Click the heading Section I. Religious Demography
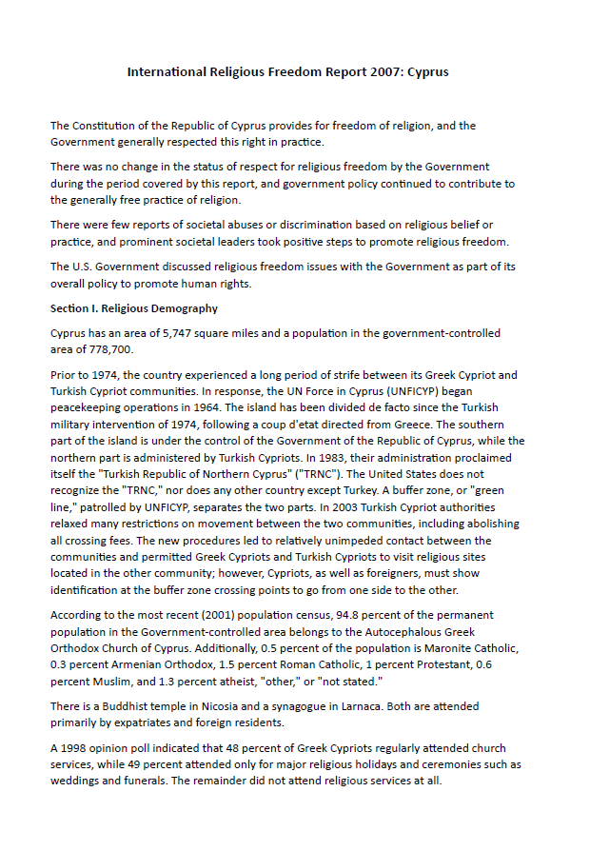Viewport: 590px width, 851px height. click(x=134, y=308)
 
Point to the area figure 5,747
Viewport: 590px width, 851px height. click(x=197, y=334)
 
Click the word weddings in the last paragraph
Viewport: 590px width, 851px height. click(x=76, y=781)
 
